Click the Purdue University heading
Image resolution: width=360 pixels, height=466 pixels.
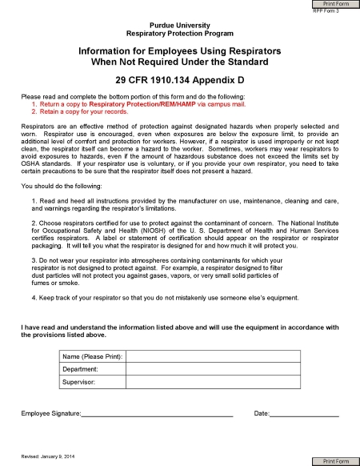[x=179, y=26]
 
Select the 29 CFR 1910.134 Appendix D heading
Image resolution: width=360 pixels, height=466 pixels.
[x=179, y=82]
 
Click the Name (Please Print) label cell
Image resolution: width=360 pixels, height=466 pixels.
[x=92, y=355]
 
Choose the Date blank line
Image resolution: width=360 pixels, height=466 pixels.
[x=304, y=413]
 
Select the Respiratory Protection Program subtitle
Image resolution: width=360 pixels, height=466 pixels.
[x=179, y=35]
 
